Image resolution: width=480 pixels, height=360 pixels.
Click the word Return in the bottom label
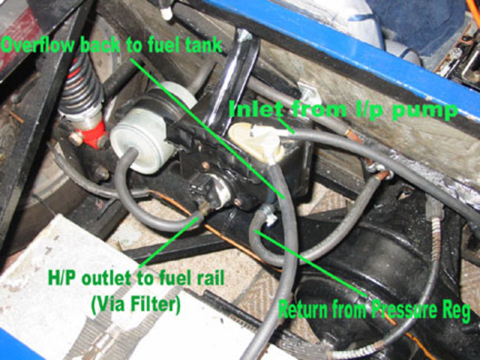(303, 308)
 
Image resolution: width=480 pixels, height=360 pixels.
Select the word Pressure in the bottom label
(403, 308)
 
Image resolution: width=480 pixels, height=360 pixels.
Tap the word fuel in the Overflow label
(159, 45)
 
